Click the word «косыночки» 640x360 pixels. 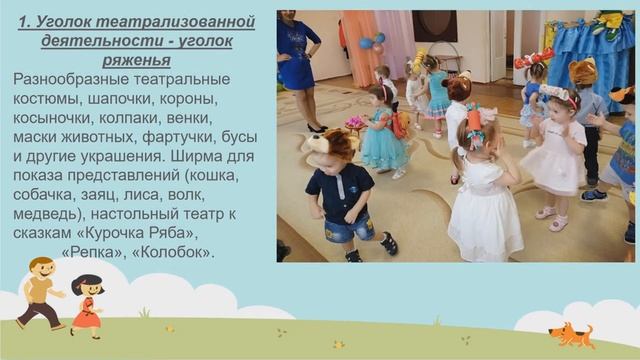[53, 118]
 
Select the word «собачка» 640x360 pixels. [51, 195]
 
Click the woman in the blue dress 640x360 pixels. [297, 60]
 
